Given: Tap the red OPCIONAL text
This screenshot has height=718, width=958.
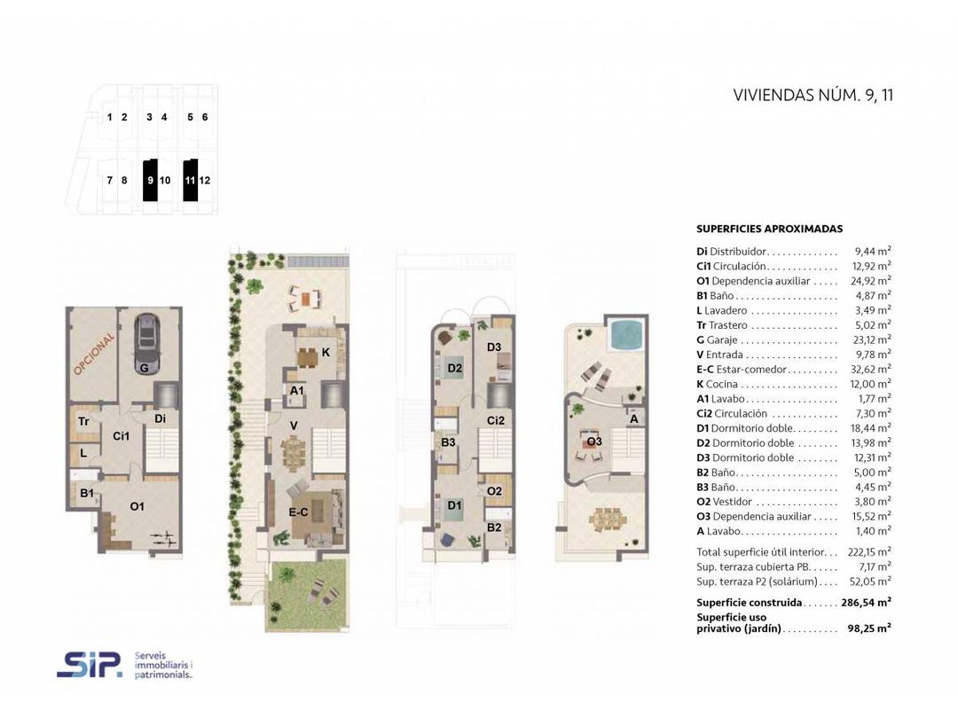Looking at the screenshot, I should (95, 354).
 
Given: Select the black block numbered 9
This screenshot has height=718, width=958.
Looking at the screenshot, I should (150, 180).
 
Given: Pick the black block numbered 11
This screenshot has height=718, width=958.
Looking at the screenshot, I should (189, 180).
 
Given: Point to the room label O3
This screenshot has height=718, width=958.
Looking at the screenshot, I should (593, 441).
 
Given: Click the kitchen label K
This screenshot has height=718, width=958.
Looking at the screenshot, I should (326, 352).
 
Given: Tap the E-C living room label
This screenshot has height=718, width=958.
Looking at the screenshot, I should (298, 511).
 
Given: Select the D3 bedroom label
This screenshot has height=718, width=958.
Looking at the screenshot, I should (494, 347).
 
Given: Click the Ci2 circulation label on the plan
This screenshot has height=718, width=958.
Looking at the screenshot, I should (496, 420).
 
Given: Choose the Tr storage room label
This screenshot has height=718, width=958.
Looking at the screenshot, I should (83, 421).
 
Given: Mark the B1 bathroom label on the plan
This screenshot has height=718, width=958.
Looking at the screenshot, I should (87, 493).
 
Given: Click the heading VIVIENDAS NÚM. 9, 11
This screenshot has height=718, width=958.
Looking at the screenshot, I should (813, 96).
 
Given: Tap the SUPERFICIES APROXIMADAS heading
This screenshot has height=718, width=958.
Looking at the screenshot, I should (769, 229).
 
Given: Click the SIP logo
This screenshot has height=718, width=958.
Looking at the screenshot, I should (90, 663).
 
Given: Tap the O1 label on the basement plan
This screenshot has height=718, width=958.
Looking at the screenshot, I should (137, 506).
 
